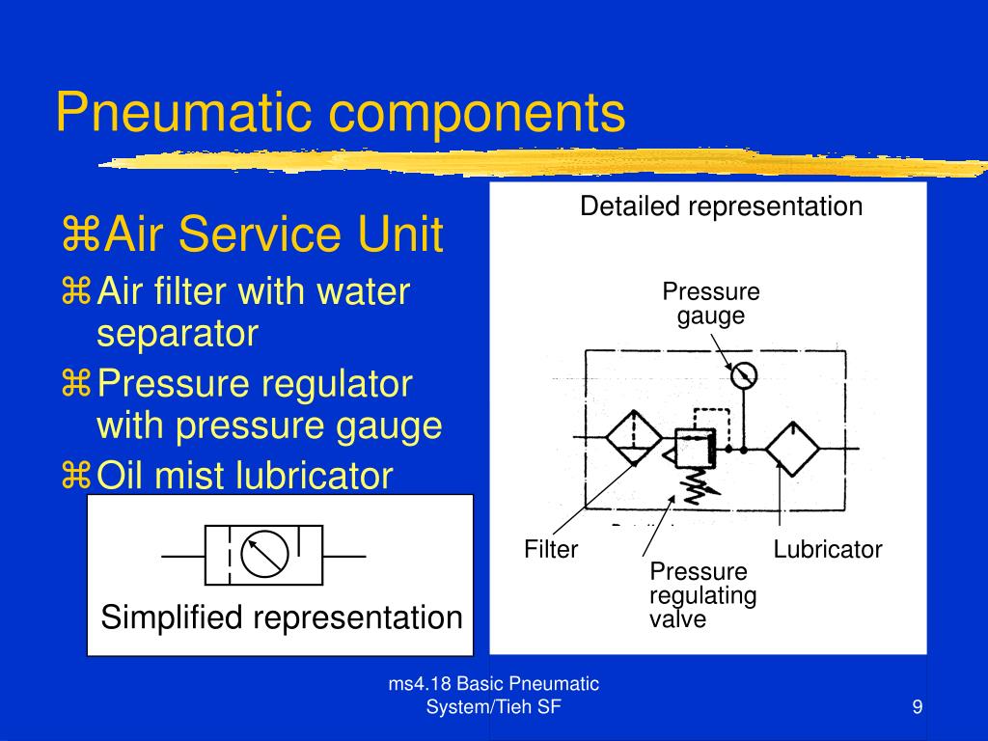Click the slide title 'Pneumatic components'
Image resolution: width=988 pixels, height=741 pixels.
click(340, 113)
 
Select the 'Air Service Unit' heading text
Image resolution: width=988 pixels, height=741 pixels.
click(274, 235)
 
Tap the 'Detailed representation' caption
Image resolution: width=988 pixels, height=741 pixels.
click(721, 206)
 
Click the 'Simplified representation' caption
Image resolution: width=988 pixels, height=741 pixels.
click(282, 617)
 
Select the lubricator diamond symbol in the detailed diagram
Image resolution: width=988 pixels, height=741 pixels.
click(792, 449)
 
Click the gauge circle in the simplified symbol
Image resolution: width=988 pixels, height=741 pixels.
click(264, 557)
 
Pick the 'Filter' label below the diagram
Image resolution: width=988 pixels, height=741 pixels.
click(551, 550)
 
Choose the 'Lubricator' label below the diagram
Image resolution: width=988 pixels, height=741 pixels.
click(828, 550)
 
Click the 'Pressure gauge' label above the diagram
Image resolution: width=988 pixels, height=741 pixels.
click(711, 304)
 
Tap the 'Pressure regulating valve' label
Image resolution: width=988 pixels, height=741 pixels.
click(702, 595)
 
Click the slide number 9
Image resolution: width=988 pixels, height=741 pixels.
click(918, 708)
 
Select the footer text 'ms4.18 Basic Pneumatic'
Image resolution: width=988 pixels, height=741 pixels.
click(493, 685)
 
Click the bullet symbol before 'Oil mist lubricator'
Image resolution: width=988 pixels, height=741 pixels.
click(76, 476)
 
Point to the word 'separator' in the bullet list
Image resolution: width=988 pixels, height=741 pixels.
click(178, 334)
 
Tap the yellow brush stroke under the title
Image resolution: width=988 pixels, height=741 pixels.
click(540, 161)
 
